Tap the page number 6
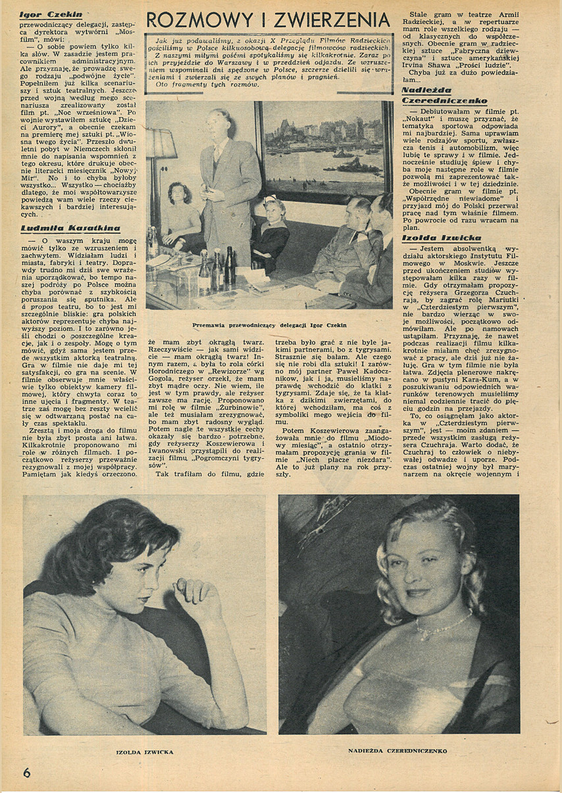point(26,773)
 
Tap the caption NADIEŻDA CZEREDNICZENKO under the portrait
point(397,750)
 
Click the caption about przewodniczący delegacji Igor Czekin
point(270,324)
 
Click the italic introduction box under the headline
point(270,63)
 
